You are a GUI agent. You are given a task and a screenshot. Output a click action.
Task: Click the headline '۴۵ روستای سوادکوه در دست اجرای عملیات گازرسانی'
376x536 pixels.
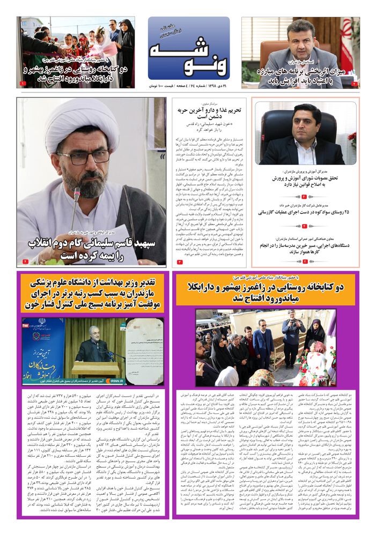[305, 213]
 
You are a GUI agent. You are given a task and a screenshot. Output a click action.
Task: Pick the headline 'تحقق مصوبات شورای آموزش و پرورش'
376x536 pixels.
[305, 182]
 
